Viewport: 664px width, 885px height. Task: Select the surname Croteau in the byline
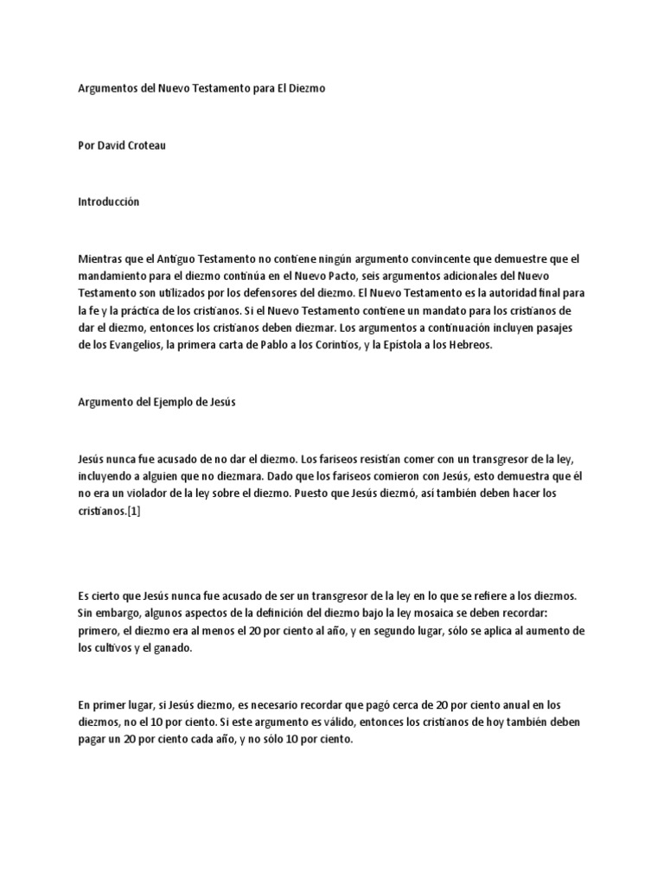(x=144, y=145)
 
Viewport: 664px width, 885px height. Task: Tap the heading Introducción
(x=108, y=201)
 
